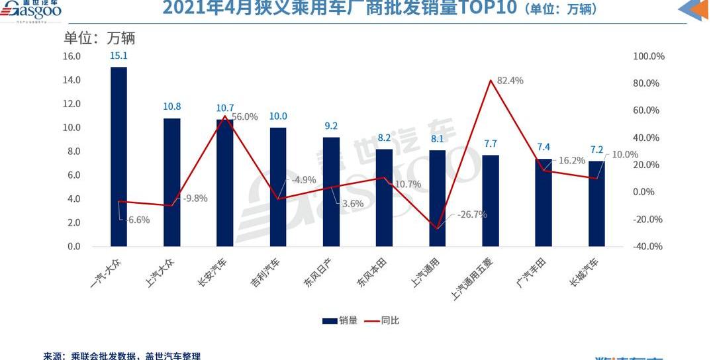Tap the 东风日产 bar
(331, 192)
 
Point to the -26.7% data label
(471, 214)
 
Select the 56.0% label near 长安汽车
(245, 116)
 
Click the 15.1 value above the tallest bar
(119, 57)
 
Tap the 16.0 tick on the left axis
(71, 56)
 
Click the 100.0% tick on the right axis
(649, 56)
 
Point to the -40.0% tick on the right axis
(648, 246)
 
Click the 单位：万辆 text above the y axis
(99, 38)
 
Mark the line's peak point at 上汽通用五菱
(490, 81)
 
